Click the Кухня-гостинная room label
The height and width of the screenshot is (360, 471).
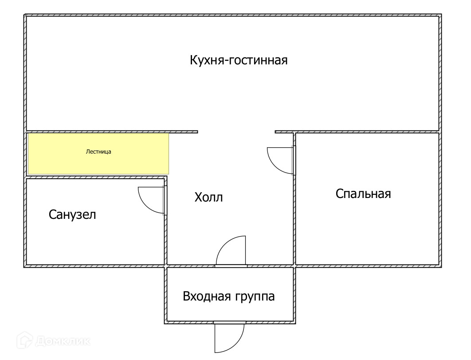[x=239, y=60]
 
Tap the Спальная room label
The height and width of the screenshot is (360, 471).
[x=363, y=194]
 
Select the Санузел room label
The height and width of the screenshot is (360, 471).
[x=72, y=215]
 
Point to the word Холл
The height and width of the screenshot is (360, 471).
[x=208, y=197]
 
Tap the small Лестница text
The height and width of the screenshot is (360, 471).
[x=98, y=152]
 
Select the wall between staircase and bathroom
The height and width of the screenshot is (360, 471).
[x=95, y=177]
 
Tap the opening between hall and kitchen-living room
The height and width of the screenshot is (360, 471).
[x=236, y=132]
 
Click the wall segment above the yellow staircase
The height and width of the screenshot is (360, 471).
[x=111, y=132]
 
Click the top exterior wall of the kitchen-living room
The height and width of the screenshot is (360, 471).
[x=233, y=16]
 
